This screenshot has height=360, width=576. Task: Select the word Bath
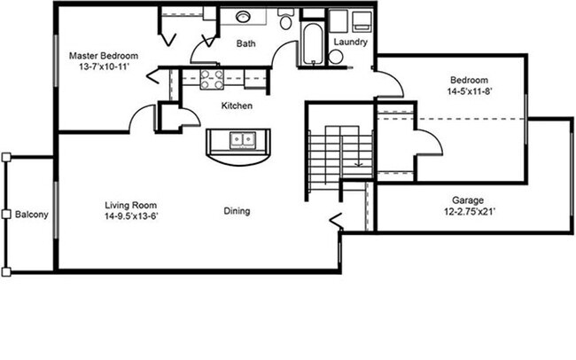(246, 43)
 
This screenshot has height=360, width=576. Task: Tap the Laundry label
(350, 42)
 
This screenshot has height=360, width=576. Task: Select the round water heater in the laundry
(336, 57)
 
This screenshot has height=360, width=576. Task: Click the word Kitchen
(237, 106)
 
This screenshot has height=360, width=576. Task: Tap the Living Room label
(131, 203)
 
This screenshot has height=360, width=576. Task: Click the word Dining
(237, 211)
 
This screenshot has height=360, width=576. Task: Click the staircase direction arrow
(357, 160)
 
